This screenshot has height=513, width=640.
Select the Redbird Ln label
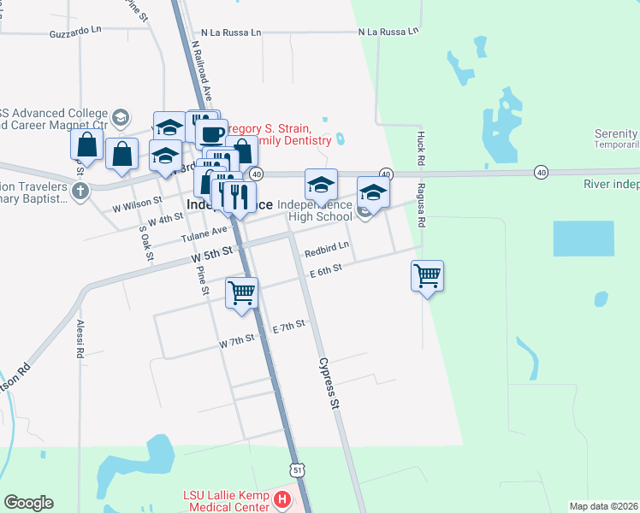(327, 247)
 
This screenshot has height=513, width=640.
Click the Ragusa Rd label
(421, 206)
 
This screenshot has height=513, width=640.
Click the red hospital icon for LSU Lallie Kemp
(284, 499)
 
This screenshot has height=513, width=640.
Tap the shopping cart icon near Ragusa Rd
(427, 276)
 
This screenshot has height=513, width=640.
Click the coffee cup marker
(211, 133)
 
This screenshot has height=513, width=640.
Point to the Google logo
(28, 503)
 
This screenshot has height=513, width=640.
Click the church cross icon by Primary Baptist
(80, 189)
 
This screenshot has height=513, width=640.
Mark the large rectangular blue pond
(583, 239)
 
